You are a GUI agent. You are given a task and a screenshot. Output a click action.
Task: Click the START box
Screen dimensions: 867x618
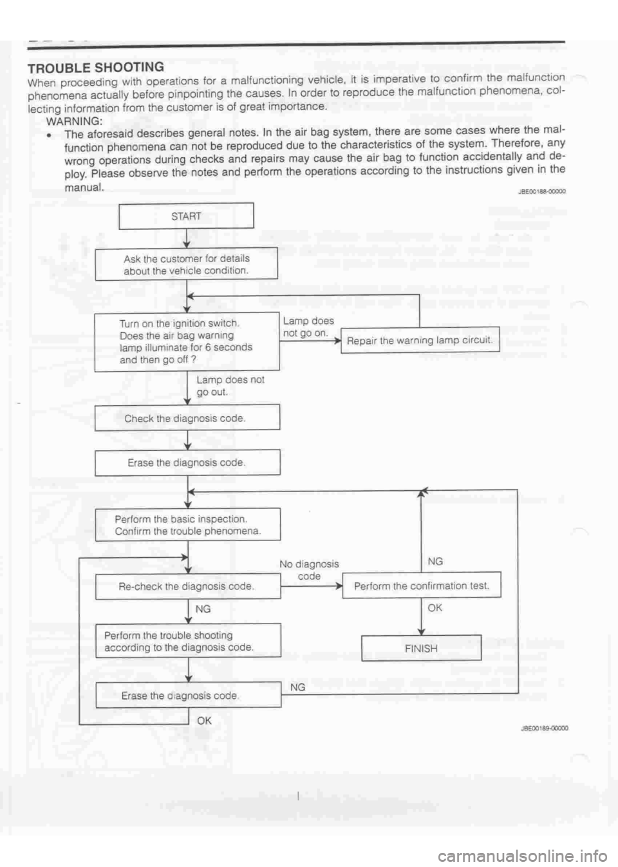[186, 216]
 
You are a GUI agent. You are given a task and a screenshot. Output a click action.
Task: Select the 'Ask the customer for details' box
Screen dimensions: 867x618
[187, 264]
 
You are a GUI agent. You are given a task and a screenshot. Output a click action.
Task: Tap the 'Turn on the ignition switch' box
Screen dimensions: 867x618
[187, 341]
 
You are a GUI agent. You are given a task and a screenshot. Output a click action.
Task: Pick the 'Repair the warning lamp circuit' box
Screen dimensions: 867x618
[420, 340]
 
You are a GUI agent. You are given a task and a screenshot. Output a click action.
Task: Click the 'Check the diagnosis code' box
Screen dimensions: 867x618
[187, 418]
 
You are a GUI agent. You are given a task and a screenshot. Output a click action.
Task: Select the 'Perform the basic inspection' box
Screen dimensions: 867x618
[187, 525]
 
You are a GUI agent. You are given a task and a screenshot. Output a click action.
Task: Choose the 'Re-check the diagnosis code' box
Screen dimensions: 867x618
[187, 586]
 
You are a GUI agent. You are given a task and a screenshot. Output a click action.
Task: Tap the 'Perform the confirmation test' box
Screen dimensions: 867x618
[421, 586]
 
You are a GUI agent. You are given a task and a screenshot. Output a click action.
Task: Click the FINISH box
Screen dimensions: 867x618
[421, 648]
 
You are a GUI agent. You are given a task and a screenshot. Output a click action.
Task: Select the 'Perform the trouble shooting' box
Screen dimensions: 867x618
[187, 641]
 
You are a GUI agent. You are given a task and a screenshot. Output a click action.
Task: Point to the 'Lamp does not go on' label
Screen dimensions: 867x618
[308, 327]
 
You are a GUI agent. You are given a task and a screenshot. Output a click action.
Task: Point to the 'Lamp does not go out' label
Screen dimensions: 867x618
[230, 385]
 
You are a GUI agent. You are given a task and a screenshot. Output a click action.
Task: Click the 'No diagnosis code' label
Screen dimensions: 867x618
[309, 570]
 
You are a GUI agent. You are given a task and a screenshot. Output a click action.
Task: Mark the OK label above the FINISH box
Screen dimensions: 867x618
[435, 607]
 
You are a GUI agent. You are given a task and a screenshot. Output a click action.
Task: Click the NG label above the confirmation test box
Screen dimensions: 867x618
[435, 561]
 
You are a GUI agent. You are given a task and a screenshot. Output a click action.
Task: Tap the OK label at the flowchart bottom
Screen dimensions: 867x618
[204, 720]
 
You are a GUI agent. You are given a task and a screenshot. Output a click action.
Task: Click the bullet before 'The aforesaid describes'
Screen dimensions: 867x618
[50, 135]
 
